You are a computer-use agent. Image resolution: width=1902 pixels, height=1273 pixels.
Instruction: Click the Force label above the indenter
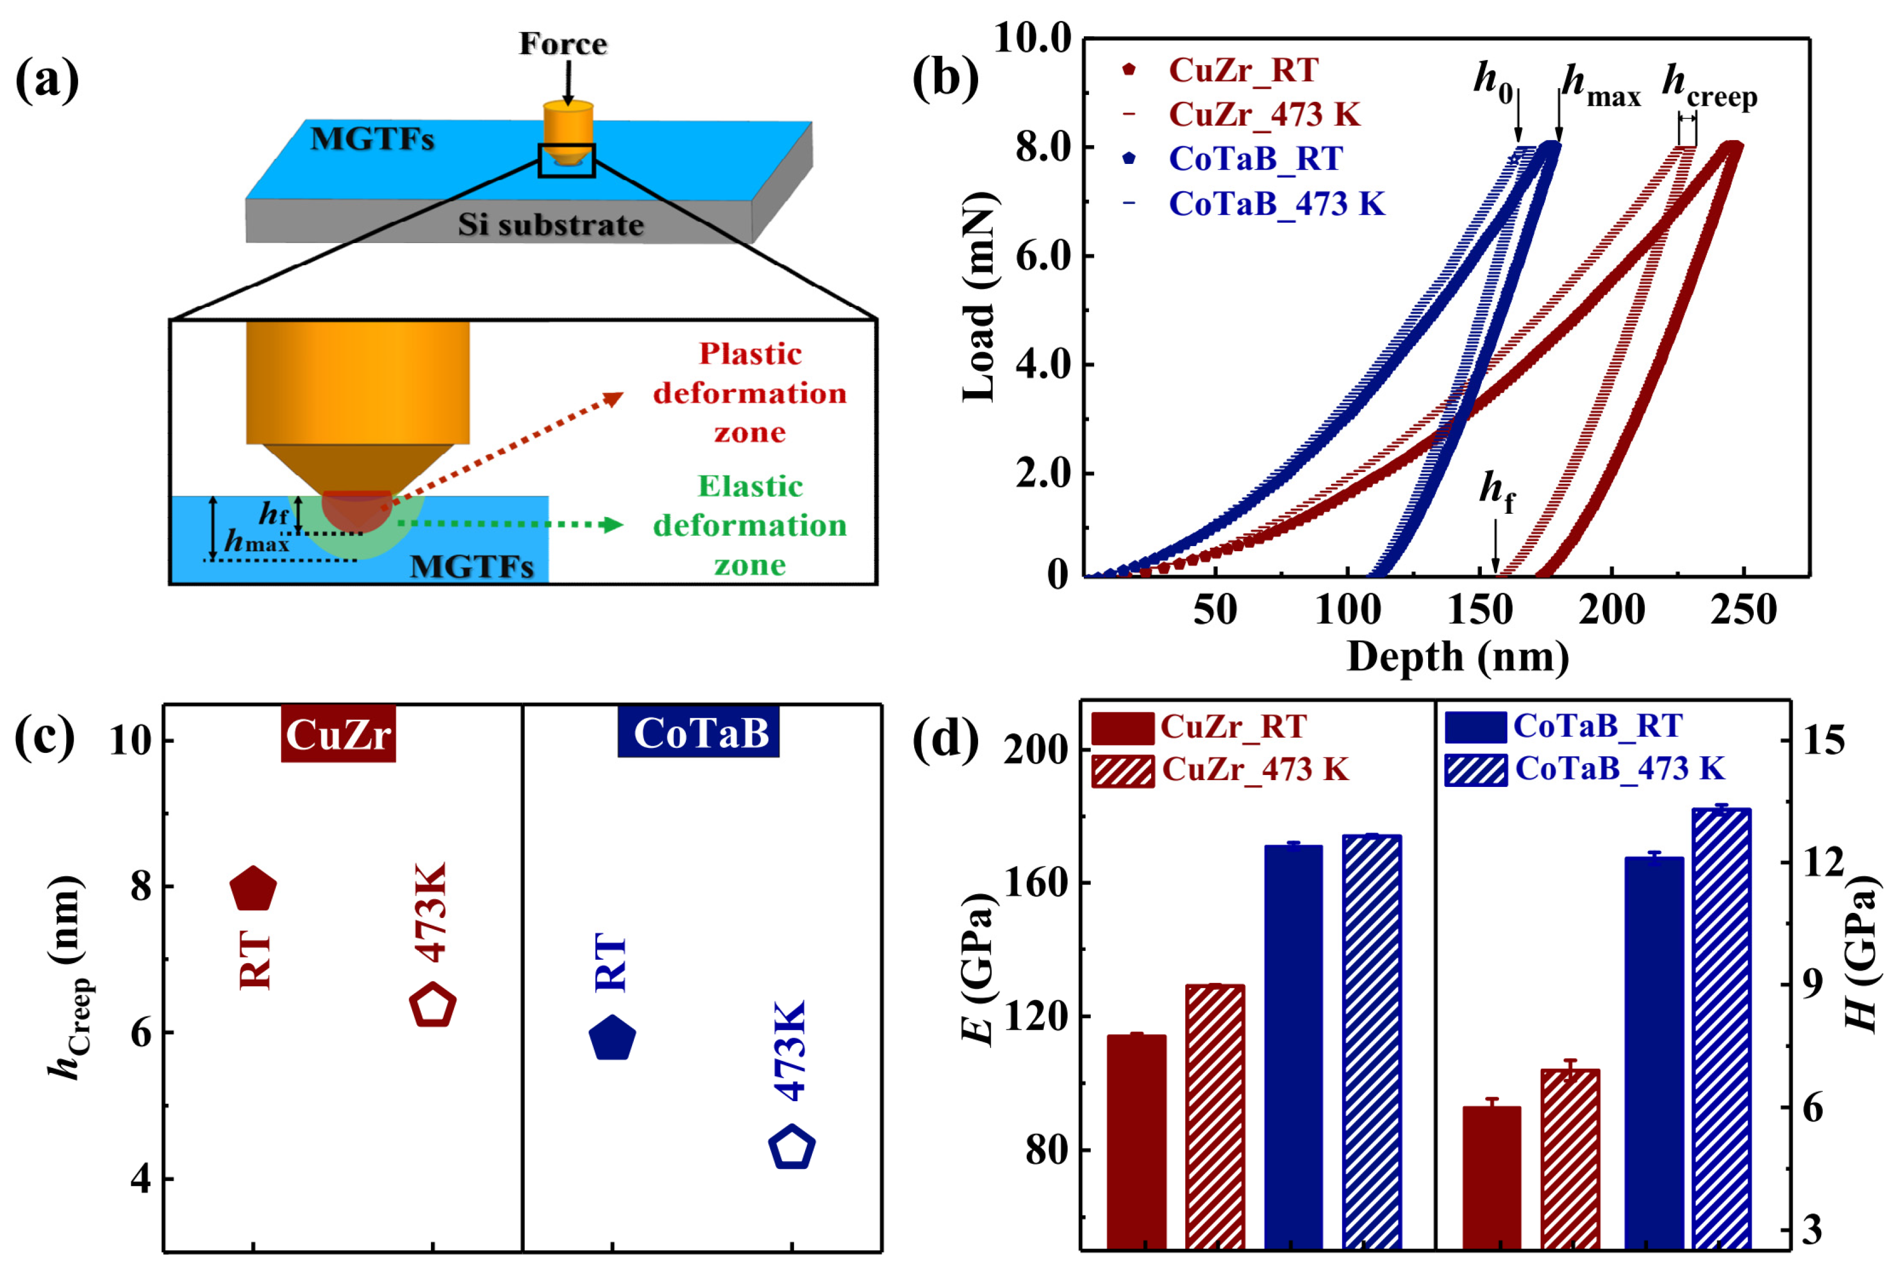pyautogui.click(x=563, y=44)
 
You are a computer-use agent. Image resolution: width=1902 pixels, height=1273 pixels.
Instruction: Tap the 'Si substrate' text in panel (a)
pyautogui.click(x=551, y=225)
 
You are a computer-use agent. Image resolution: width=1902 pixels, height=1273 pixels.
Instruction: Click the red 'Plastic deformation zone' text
pyautogui.click(x=750, y=393)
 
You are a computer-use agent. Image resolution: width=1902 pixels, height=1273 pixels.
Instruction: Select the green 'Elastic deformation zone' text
pyautogui.click(x=750, y=525)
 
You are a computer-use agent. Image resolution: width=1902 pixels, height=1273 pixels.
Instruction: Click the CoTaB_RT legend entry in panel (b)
pyautogui.click(x=1255, y=159)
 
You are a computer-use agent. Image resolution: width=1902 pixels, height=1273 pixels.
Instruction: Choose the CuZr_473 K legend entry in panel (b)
pyautogui.click(x=1264, y=115)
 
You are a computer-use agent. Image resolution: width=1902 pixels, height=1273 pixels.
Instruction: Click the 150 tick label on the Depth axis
pyautogui.click(x=1480, y=610)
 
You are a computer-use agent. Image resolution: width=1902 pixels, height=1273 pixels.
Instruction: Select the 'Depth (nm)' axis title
pyautogui.click(x=1458, y=657)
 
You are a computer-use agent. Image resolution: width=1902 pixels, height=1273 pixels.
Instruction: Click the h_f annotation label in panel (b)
pyautogui.click(x=1497, y=492)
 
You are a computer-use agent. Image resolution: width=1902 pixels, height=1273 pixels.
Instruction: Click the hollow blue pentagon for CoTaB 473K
pyautogui.click(x=792, y=1147)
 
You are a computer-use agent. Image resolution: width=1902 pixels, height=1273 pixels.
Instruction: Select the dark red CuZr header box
pyautogui.click(x=338, y=734)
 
